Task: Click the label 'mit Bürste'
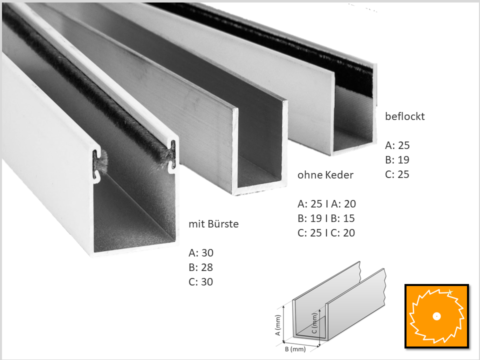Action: (213, 224)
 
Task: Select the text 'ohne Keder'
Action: (325, 175)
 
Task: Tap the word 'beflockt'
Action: (404, 116)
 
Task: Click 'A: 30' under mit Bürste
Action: (201, 253)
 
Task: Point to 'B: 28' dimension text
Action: (201, 267)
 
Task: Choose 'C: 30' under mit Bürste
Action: (201, 281)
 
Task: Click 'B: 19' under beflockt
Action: (397, 160)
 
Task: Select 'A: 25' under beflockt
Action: (397, 145)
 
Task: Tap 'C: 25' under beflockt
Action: (397, 174)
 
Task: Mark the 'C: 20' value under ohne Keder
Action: (342, 232)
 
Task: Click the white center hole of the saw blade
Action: (436, 316)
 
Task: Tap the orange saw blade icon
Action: (436, 316)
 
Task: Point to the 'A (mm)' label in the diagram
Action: (278, 325)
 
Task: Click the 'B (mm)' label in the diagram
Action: (295, 349)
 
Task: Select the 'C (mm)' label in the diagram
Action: (314, 323)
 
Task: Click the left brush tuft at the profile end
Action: (101, 161)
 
